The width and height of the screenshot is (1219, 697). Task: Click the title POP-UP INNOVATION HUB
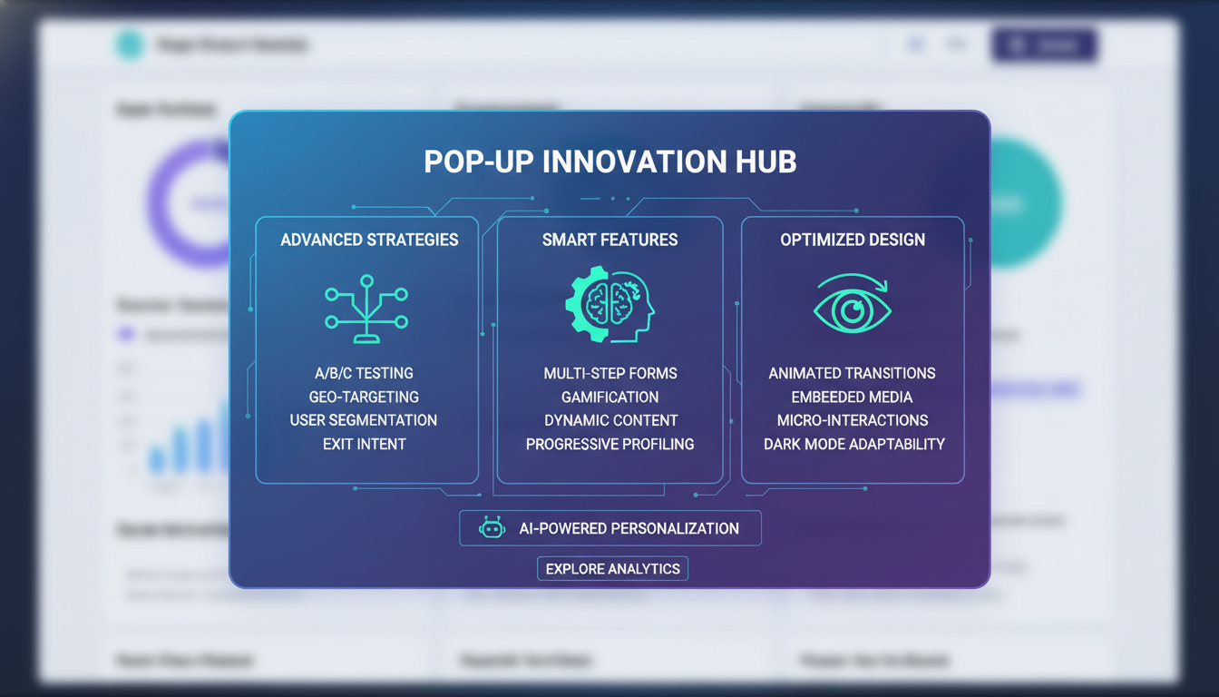tap(609, 162)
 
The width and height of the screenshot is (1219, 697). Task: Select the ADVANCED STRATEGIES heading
tap(369, 240)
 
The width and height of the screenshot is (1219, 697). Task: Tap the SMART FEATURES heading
tap(609, 240)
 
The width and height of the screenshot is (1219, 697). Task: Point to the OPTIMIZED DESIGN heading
tap(853, 240)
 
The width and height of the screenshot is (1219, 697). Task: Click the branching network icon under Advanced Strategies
tap(366, 309)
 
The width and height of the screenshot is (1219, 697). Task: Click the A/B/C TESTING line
tap(363, 373)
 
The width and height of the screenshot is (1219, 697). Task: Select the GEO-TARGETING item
tap(364, 397)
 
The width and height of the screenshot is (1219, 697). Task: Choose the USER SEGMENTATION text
tap(364, 420)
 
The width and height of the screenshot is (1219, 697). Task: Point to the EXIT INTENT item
tap(364, 444)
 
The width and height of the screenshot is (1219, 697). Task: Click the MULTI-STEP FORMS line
tap(610, 373)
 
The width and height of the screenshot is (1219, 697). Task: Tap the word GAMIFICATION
tap(610, 397)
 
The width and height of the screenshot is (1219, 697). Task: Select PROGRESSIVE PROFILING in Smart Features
tap(610, 444)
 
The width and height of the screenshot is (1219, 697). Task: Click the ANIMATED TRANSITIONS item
tap(853, 373)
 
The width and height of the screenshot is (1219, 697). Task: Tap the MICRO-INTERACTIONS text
tap(853, 420)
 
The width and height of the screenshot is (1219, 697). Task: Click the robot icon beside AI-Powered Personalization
tap(492, 528)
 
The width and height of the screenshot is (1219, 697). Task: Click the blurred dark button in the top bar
tap(1045, 45)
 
